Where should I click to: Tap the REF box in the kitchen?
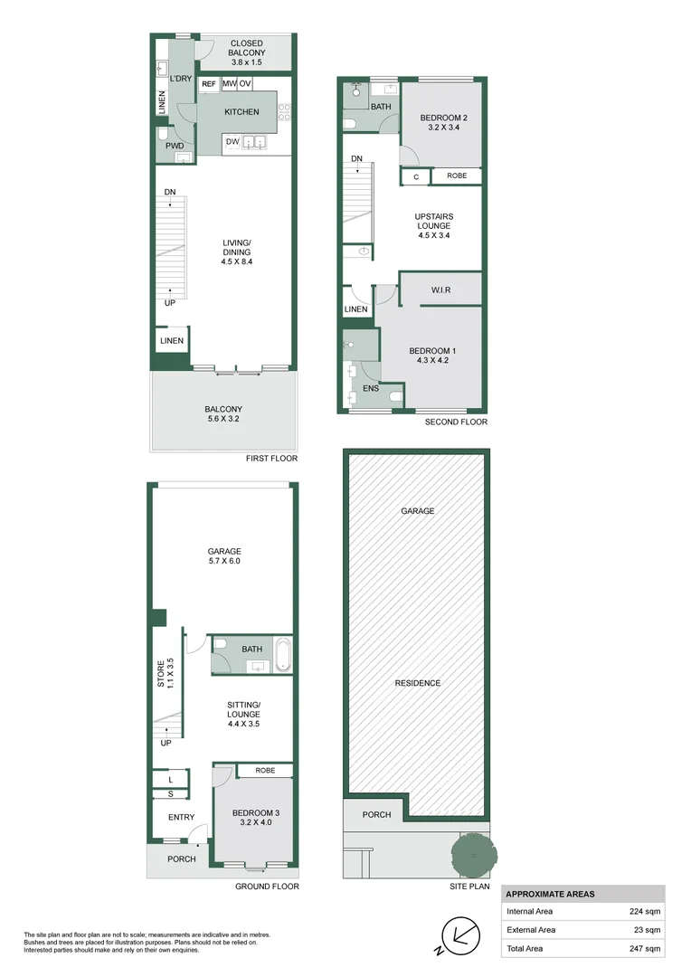tap(209, 84)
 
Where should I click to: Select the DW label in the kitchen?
tap(232, 141)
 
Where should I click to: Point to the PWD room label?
tap(175, 145)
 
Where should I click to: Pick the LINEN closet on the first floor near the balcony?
tap(172, 341)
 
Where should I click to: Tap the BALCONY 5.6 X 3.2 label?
tap(222, 414)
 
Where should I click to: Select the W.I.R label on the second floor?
tap(441, 290)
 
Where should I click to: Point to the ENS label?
tap(371, 389)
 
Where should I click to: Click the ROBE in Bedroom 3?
tap(265, 771)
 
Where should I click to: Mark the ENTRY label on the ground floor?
tap(181, 818)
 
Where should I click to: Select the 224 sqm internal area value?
tap(644, 912)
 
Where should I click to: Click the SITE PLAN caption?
tap(469, 887)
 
